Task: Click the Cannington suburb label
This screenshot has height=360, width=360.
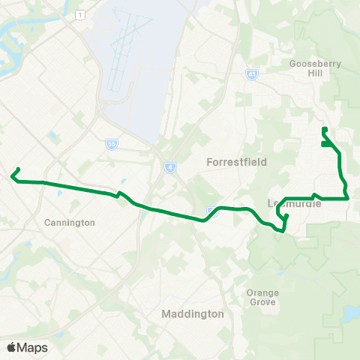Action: click(x=70, y=223)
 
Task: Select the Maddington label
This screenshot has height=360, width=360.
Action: click(x=193, y=314)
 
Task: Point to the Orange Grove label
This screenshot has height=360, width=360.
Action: click(x=262, y=297)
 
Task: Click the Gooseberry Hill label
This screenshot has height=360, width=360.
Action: click(x=315, y=69)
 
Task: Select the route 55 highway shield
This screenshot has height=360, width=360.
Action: click(x=110, y=142)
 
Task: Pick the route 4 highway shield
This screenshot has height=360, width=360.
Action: click(x=170, y=166)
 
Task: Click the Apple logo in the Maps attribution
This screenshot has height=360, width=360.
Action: click(x=12, y=347)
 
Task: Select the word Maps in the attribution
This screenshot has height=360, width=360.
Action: click(x=33, y=347)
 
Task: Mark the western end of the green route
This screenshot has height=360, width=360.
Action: click(x=12, y=177)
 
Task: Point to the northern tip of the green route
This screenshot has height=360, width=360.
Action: click(x=323, y=129)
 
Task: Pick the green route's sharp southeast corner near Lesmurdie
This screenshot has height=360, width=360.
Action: click(x=349, y=198)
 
